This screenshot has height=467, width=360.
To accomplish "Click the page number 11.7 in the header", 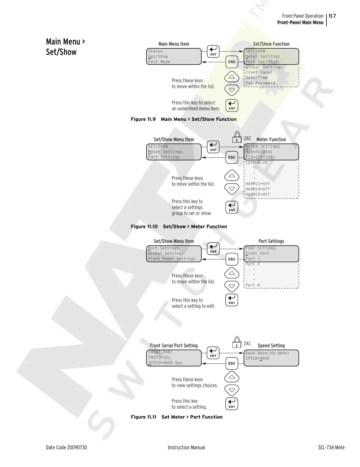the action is click(x=332, y=16).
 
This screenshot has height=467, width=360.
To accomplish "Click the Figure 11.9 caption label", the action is click(x=143, y=119).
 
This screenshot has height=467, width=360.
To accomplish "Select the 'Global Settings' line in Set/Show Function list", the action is click(x=264, y=67).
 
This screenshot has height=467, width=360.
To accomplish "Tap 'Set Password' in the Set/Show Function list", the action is click(x=260, y=83).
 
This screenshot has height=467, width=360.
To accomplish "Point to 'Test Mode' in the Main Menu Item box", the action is click(x=159, y=62).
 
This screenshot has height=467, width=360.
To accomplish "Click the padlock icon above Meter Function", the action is click(x=237, y=137).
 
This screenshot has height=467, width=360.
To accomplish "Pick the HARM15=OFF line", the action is click(x=258, y=194).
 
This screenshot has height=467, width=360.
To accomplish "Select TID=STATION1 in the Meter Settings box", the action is click(x=260, y=157).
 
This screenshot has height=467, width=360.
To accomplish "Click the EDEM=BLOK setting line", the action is click(x=257, y=162).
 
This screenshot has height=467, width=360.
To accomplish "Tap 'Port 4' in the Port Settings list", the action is click(x=253, y=285).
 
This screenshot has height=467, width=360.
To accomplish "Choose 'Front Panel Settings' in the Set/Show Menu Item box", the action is click(x=172, y=259).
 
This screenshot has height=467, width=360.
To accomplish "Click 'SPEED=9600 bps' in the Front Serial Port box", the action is click(x=165, y=363).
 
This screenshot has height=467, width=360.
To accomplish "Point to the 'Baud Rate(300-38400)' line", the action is click(x=267, y=353).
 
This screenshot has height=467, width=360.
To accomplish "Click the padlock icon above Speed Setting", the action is click(x=237, y=343).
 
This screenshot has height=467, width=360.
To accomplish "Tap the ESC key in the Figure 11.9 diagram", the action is click(x=232, y=62).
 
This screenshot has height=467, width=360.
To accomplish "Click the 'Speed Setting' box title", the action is click(x=271, y=346).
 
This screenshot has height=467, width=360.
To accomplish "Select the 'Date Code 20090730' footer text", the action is click(x=66, y=447).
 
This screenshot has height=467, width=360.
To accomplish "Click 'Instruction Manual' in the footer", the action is click(x=186, y=447).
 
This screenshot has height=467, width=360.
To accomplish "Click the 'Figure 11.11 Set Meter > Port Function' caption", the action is click(x=177, y=417).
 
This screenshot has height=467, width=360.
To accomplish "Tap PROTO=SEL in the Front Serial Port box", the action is click(x=160, y=357).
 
